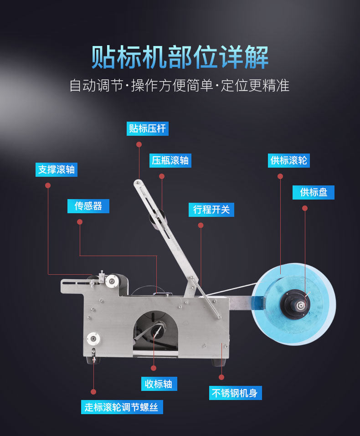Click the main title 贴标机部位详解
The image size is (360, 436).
(x=180, y=57)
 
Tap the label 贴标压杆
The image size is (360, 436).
(x=147, y=128)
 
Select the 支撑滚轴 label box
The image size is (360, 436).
(x=57, y=169)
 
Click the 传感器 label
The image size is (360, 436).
(x=88, y=206)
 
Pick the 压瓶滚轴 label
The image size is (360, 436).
(x=170, y=160)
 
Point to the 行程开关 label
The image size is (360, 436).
(x=211, y=210)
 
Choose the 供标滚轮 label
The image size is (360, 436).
(x=288, y=160)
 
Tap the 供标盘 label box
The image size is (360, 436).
(x=313, y=192)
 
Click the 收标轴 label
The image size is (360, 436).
(x=159, y=384)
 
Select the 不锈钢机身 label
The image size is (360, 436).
(x=235, y=393)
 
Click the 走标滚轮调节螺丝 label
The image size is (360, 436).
(x=122, y=407)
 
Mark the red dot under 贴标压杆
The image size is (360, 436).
(x=139, y=144)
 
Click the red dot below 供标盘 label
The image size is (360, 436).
(x=305, y=208)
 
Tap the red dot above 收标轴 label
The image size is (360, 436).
(x=154, y=368)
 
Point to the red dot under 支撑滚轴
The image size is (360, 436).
(x=48, y=185)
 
